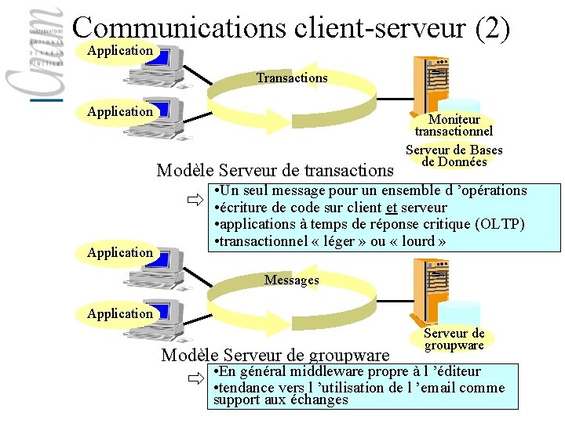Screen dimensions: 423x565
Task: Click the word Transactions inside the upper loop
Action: (x=291, y=78)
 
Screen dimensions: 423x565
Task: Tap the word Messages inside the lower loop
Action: (x=291, y=280)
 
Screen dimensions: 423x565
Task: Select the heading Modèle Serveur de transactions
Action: (x=275, y=170)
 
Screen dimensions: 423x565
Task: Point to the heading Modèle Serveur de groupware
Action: (x=275, y=354)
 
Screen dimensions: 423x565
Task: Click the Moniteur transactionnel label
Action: (x=454, y=125)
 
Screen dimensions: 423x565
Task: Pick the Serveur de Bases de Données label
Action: (x=454, y=156)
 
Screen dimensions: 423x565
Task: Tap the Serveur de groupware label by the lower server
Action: (x=454, y=339)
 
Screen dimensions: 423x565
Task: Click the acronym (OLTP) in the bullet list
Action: (x=499, y=224)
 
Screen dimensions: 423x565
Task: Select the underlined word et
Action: (x=392, y=208)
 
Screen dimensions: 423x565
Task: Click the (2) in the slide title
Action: (x=493, y=28)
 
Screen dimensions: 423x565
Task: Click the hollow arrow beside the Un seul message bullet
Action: (x=195, y=201)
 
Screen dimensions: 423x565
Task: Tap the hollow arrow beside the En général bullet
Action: (x=195, y=381)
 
